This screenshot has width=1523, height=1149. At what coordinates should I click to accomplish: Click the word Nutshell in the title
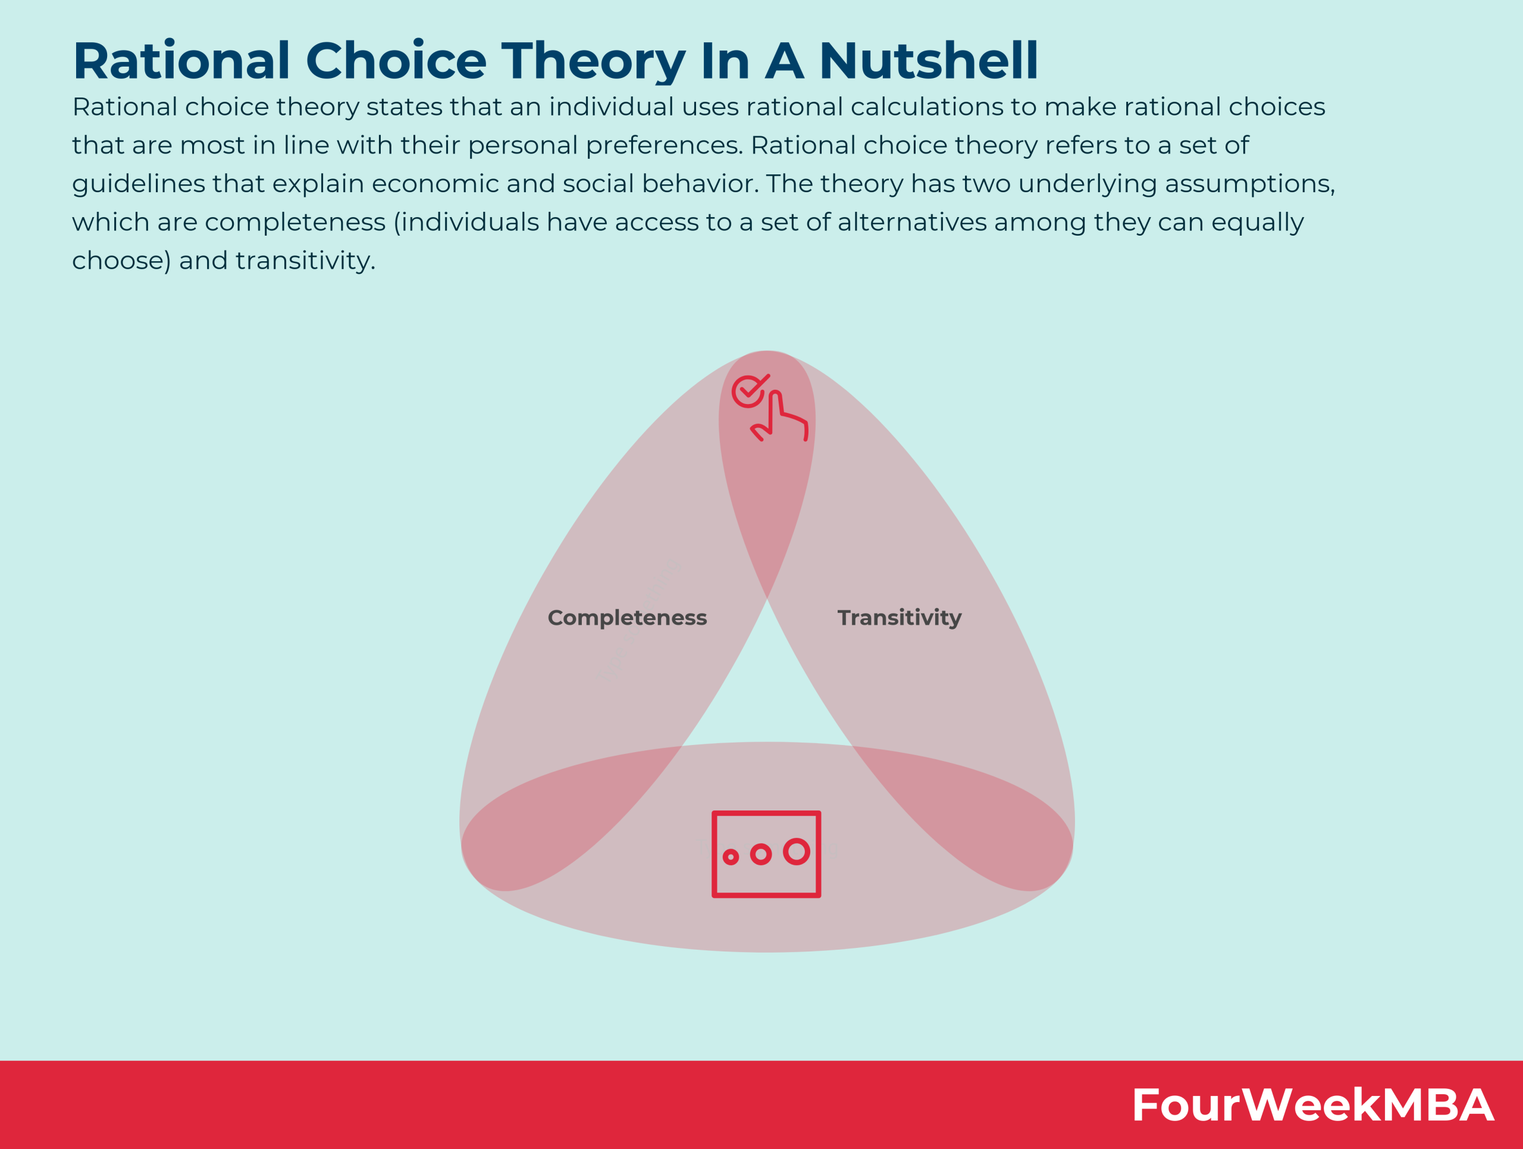point(929,61)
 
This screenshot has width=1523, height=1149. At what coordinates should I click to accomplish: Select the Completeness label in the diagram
point(627,618)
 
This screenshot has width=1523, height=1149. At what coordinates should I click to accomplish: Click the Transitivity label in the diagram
point(899,618)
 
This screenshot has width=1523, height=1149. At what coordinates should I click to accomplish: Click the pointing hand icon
point(779,416)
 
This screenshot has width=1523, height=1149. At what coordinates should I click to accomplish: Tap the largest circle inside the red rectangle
point(797,851)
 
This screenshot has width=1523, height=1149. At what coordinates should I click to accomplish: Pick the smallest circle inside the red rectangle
point(731,856)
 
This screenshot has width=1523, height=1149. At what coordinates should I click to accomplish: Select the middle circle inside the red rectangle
point(761,854)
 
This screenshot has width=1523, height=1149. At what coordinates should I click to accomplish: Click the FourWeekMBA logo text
point(1312,1105)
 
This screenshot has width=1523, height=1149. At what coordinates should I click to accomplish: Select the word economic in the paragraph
point(434,184)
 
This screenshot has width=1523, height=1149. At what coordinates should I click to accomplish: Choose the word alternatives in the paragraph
point(911,223)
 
